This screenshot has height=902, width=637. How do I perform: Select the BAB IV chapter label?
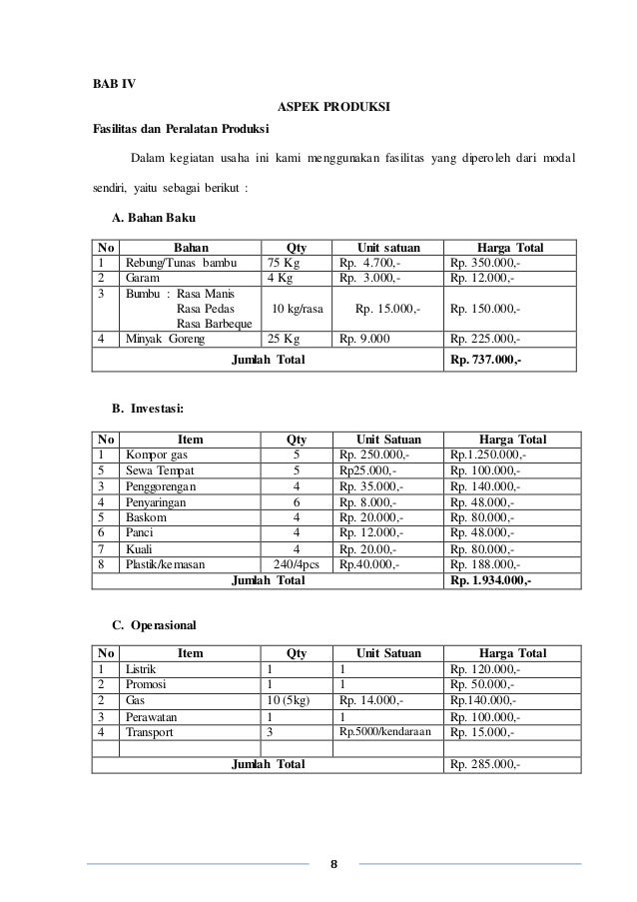[x=107, y=82]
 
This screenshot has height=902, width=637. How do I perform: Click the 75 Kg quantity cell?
[x=289, y=264]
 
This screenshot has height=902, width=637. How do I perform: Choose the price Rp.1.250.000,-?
[x=489, y=454]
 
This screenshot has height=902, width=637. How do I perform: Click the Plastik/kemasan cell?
[x=166, y=563]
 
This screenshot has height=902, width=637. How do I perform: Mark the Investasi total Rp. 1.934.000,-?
[x=491, y=580]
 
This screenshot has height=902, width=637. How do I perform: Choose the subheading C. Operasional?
[x=154, y=625]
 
